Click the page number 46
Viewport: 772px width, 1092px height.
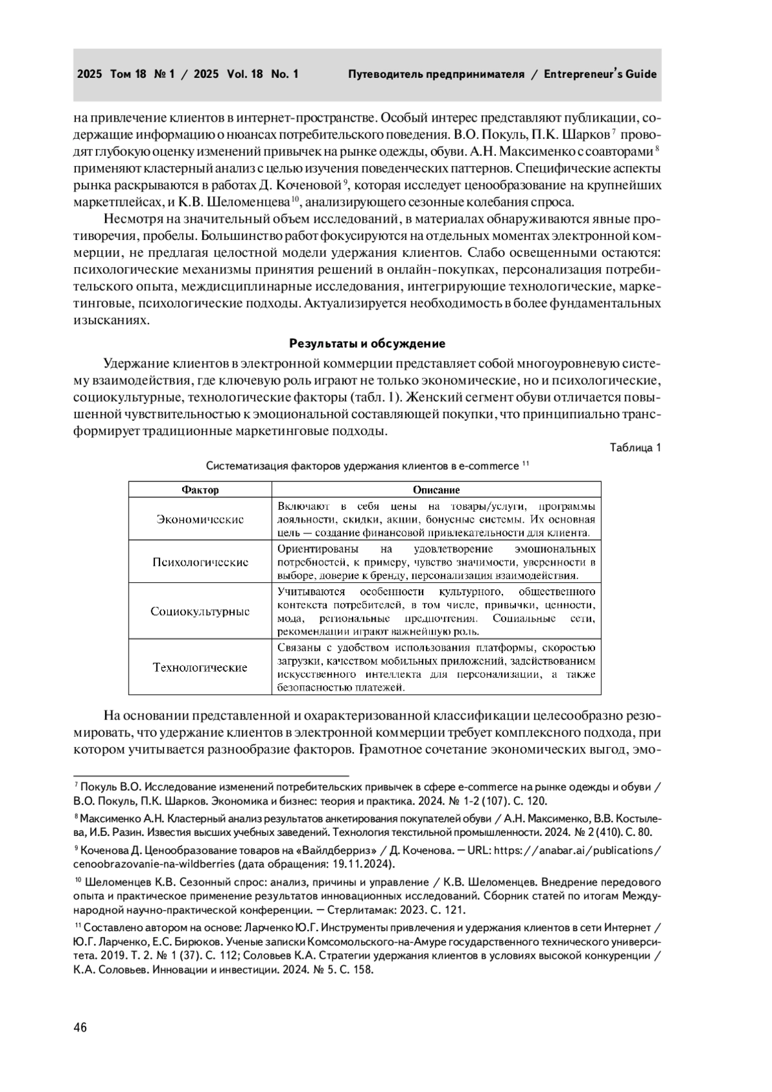(x=80, y=1027)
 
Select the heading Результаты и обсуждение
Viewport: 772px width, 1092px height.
(x=367, y=343)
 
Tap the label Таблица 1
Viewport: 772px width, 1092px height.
(x=635, y=448)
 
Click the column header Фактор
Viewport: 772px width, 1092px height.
(x=200, y=490)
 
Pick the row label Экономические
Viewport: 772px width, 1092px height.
(x=200, y=519)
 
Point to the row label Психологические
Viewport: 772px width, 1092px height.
(x=200, y=562)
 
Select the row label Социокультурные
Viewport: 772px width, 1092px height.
(x=200, y=611)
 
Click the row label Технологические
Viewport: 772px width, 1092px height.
(x=200, y=667)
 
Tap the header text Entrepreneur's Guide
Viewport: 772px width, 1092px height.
(x=600, y=74)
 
